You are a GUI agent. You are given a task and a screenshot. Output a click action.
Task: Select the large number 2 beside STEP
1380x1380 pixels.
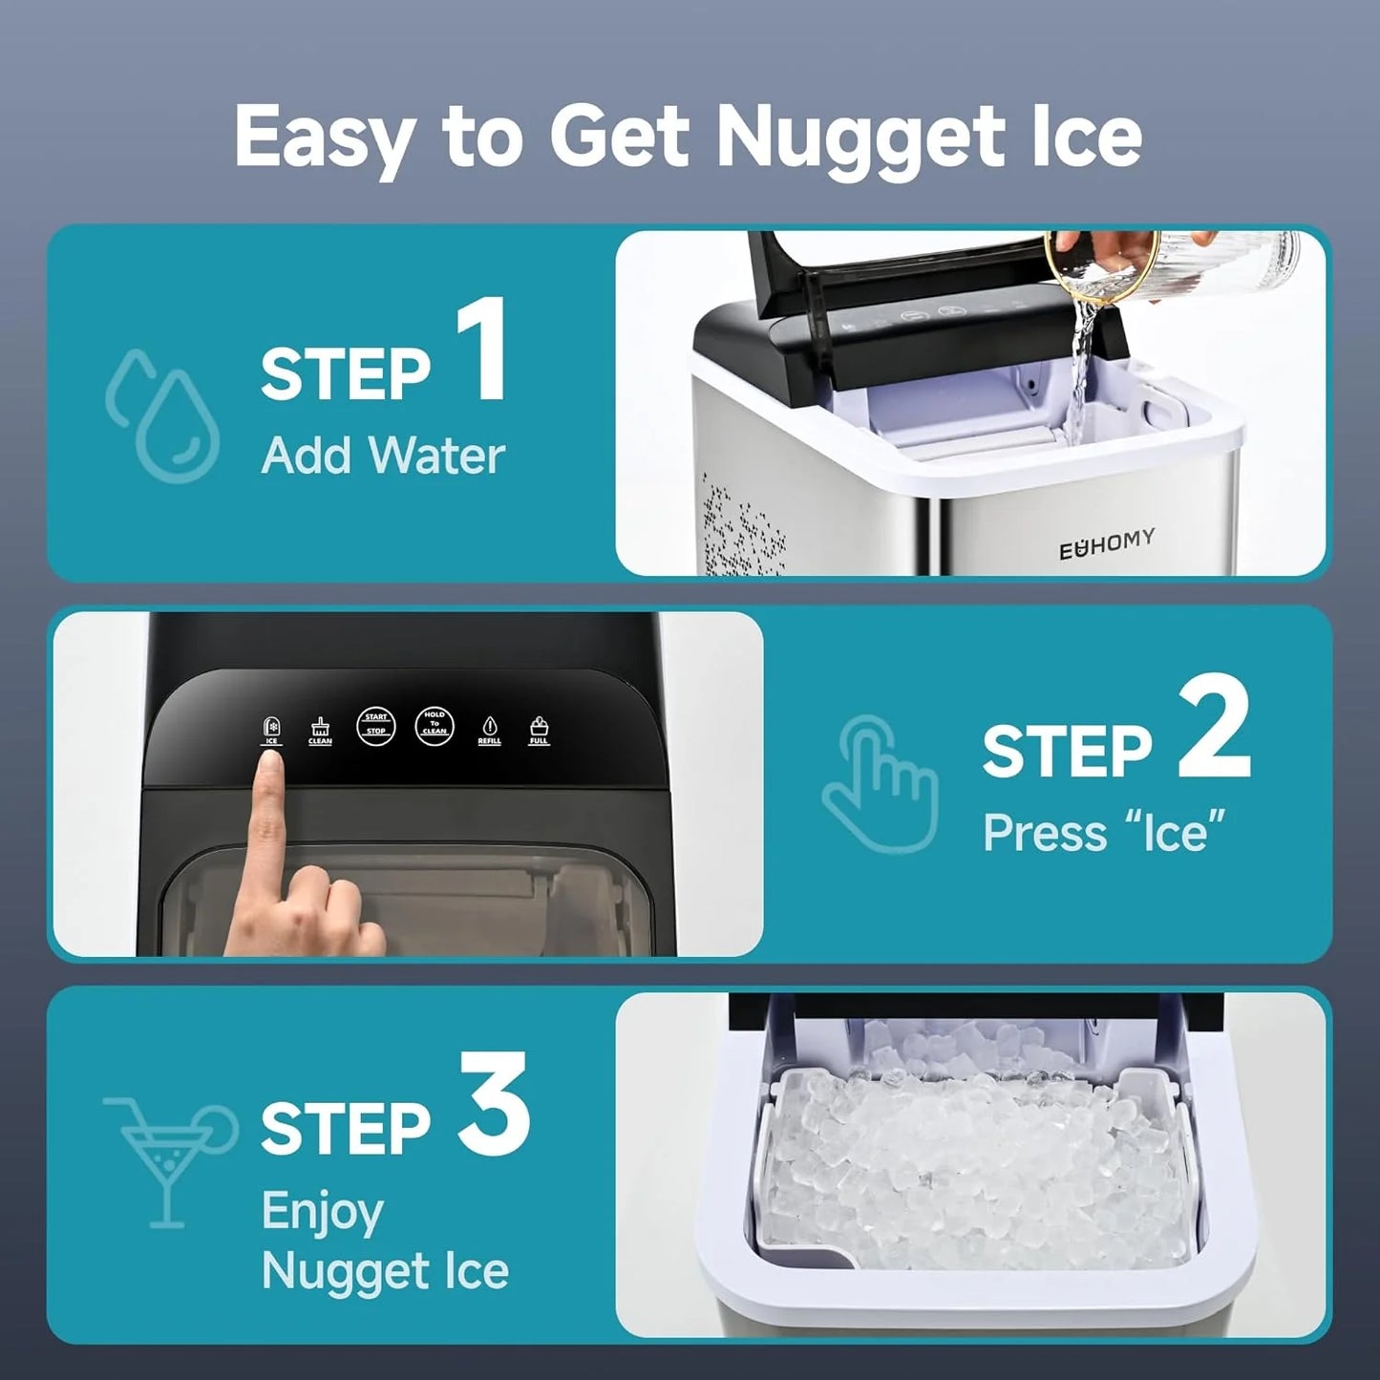(1213, 732)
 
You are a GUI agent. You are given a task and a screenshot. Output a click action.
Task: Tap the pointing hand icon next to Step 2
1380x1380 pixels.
(880, 784)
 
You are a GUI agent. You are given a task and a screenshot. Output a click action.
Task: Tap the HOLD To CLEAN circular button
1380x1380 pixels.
(435, 726)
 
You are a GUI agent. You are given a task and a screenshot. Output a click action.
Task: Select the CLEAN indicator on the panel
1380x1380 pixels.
(320, 731)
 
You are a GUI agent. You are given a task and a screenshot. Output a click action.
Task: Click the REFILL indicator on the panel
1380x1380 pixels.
(489, 731)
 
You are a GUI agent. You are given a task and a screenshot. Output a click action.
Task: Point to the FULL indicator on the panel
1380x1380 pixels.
(539, 731)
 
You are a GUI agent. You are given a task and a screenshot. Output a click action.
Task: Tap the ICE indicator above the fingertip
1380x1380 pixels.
(271, 731)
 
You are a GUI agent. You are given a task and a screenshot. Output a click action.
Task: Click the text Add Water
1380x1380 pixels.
(382, 456)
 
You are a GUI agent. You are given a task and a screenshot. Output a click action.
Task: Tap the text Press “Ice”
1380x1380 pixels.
(1104, 833)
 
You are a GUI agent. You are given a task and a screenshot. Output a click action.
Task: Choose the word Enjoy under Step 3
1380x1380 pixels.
(322, 1213)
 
